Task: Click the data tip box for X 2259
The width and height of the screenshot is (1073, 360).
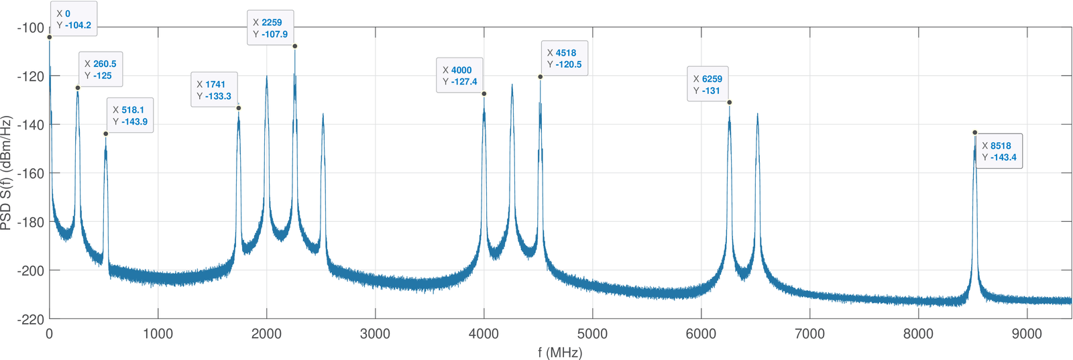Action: (x=270, y=28)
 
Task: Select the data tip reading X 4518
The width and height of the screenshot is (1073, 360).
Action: (x=564, y=58)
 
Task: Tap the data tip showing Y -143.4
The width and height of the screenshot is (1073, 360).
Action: (x=999, y=152)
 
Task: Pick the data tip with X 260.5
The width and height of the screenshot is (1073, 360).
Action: (x=101, y=70)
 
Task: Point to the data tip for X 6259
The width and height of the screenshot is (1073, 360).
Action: (x=708, y=84)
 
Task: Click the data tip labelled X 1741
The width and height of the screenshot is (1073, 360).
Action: (x=214, y=90)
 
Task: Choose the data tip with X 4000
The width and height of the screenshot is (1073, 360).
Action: (x=459, y=76)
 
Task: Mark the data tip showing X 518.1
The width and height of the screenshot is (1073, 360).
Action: (x=129, y=115)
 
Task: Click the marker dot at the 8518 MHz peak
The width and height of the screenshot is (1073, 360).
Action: (x=975, y=133)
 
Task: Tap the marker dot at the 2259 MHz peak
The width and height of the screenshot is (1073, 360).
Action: (x=295, y=46)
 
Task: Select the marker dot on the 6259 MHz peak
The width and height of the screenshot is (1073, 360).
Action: (x=730, y=103)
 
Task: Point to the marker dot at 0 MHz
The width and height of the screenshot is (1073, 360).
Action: (x=50, y=37)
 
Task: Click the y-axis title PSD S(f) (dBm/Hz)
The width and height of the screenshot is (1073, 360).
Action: (x=7, y=173)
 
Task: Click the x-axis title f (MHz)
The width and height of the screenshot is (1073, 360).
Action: (x=560, y=353)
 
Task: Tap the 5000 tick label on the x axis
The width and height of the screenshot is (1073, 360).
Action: (x=592, y=335)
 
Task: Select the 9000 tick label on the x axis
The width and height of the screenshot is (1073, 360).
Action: (x=1027, y=335)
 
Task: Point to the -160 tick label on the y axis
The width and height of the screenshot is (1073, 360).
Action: (x=30, y=174)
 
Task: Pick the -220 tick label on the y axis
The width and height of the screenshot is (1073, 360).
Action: (x=30, y=320)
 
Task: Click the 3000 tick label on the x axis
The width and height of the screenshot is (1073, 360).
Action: (x=375, y=335)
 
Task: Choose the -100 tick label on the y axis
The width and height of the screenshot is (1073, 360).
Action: (x=30, y=28)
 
